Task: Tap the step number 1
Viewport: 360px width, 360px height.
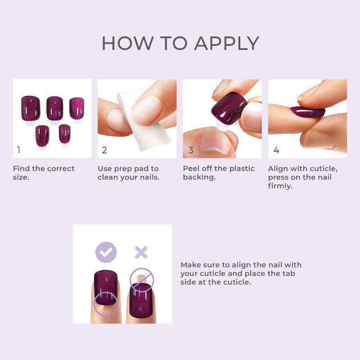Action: pyautogui.click(x=19, y=150)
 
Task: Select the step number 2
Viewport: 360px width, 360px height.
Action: pyautogui.click(x=104, y=150)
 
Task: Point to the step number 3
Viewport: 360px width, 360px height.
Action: pyautogui.click(x=190, y=150)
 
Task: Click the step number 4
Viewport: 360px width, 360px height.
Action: pyautogui.click(x=276, y=150)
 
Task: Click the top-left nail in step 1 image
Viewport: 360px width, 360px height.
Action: pyautogui.click(x=31, y=107)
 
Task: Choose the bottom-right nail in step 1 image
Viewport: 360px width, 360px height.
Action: pyautogui.click(x=65, y=134)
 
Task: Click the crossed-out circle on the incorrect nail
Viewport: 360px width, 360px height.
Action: pyautogui.click(x=142, y=280)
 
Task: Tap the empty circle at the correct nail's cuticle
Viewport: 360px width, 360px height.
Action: pyautogui.click(x=105, y=303)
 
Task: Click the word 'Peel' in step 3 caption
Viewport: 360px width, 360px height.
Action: pyautogui.click(x=192, y=169)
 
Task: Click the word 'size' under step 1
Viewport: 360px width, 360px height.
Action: pyautogui.click(x=21, y=177)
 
